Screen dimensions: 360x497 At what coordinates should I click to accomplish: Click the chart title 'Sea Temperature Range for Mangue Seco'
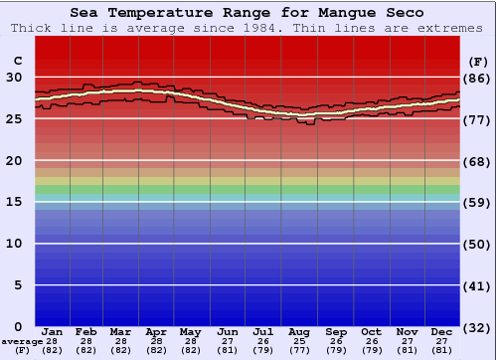(x=248, y=13)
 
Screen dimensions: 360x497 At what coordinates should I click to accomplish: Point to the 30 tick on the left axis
(x=15, y=77)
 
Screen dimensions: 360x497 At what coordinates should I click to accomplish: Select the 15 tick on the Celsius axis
(x=15, y=202)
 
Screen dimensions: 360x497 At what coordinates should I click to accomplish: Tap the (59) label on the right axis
(x=477, y=202)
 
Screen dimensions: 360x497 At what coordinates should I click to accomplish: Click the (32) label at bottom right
(x=477, y=327)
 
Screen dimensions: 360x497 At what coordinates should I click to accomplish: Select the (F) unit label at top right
(x=477, y=61)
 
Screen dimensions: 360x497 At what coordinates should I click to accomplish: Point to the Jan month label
(x=53, y=331)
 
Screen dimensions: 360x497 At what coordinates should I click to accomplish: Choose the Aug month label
(x=299, y=331)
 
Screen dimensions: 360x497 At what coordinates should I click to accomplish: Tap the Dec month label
(x=442, y=331)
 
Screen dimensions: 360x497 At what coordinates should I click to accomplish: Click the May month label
(x=191, y=331)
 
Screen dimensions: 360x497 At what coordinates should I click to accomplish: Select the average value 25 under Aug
(x=299, y=341)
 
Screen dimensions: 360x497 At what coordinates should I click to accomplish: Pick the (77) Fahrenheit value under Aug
(x=299, y=350)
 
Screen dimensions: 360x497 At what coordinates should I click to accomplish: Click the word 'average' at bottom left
(x=22, y=341)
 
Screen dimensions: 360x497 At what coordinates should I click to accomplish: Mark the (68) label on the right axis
(x=477, y=160)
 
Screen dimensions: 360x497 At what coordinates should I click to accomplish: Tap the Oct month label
(x=371, y=331)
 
